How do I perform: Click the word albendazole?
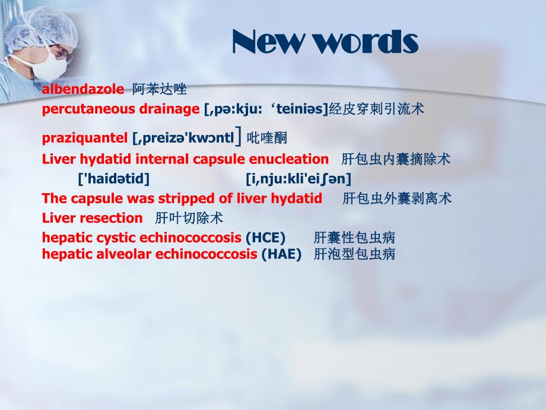[x=83, y=90]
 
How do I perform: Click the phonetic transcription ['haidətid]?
[x=114, y=178]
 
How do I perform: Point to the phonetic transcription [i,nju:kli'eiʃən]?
[x=298, y=178]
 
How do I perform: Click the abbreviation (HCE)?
[x=265, y=238]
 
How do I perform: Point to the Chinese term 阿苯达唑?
[x=159, y=90]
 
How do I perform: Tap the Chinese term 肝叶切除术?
[x=189, y=218]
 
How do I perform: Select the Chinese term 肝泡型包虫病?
[x=354, y=254]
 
